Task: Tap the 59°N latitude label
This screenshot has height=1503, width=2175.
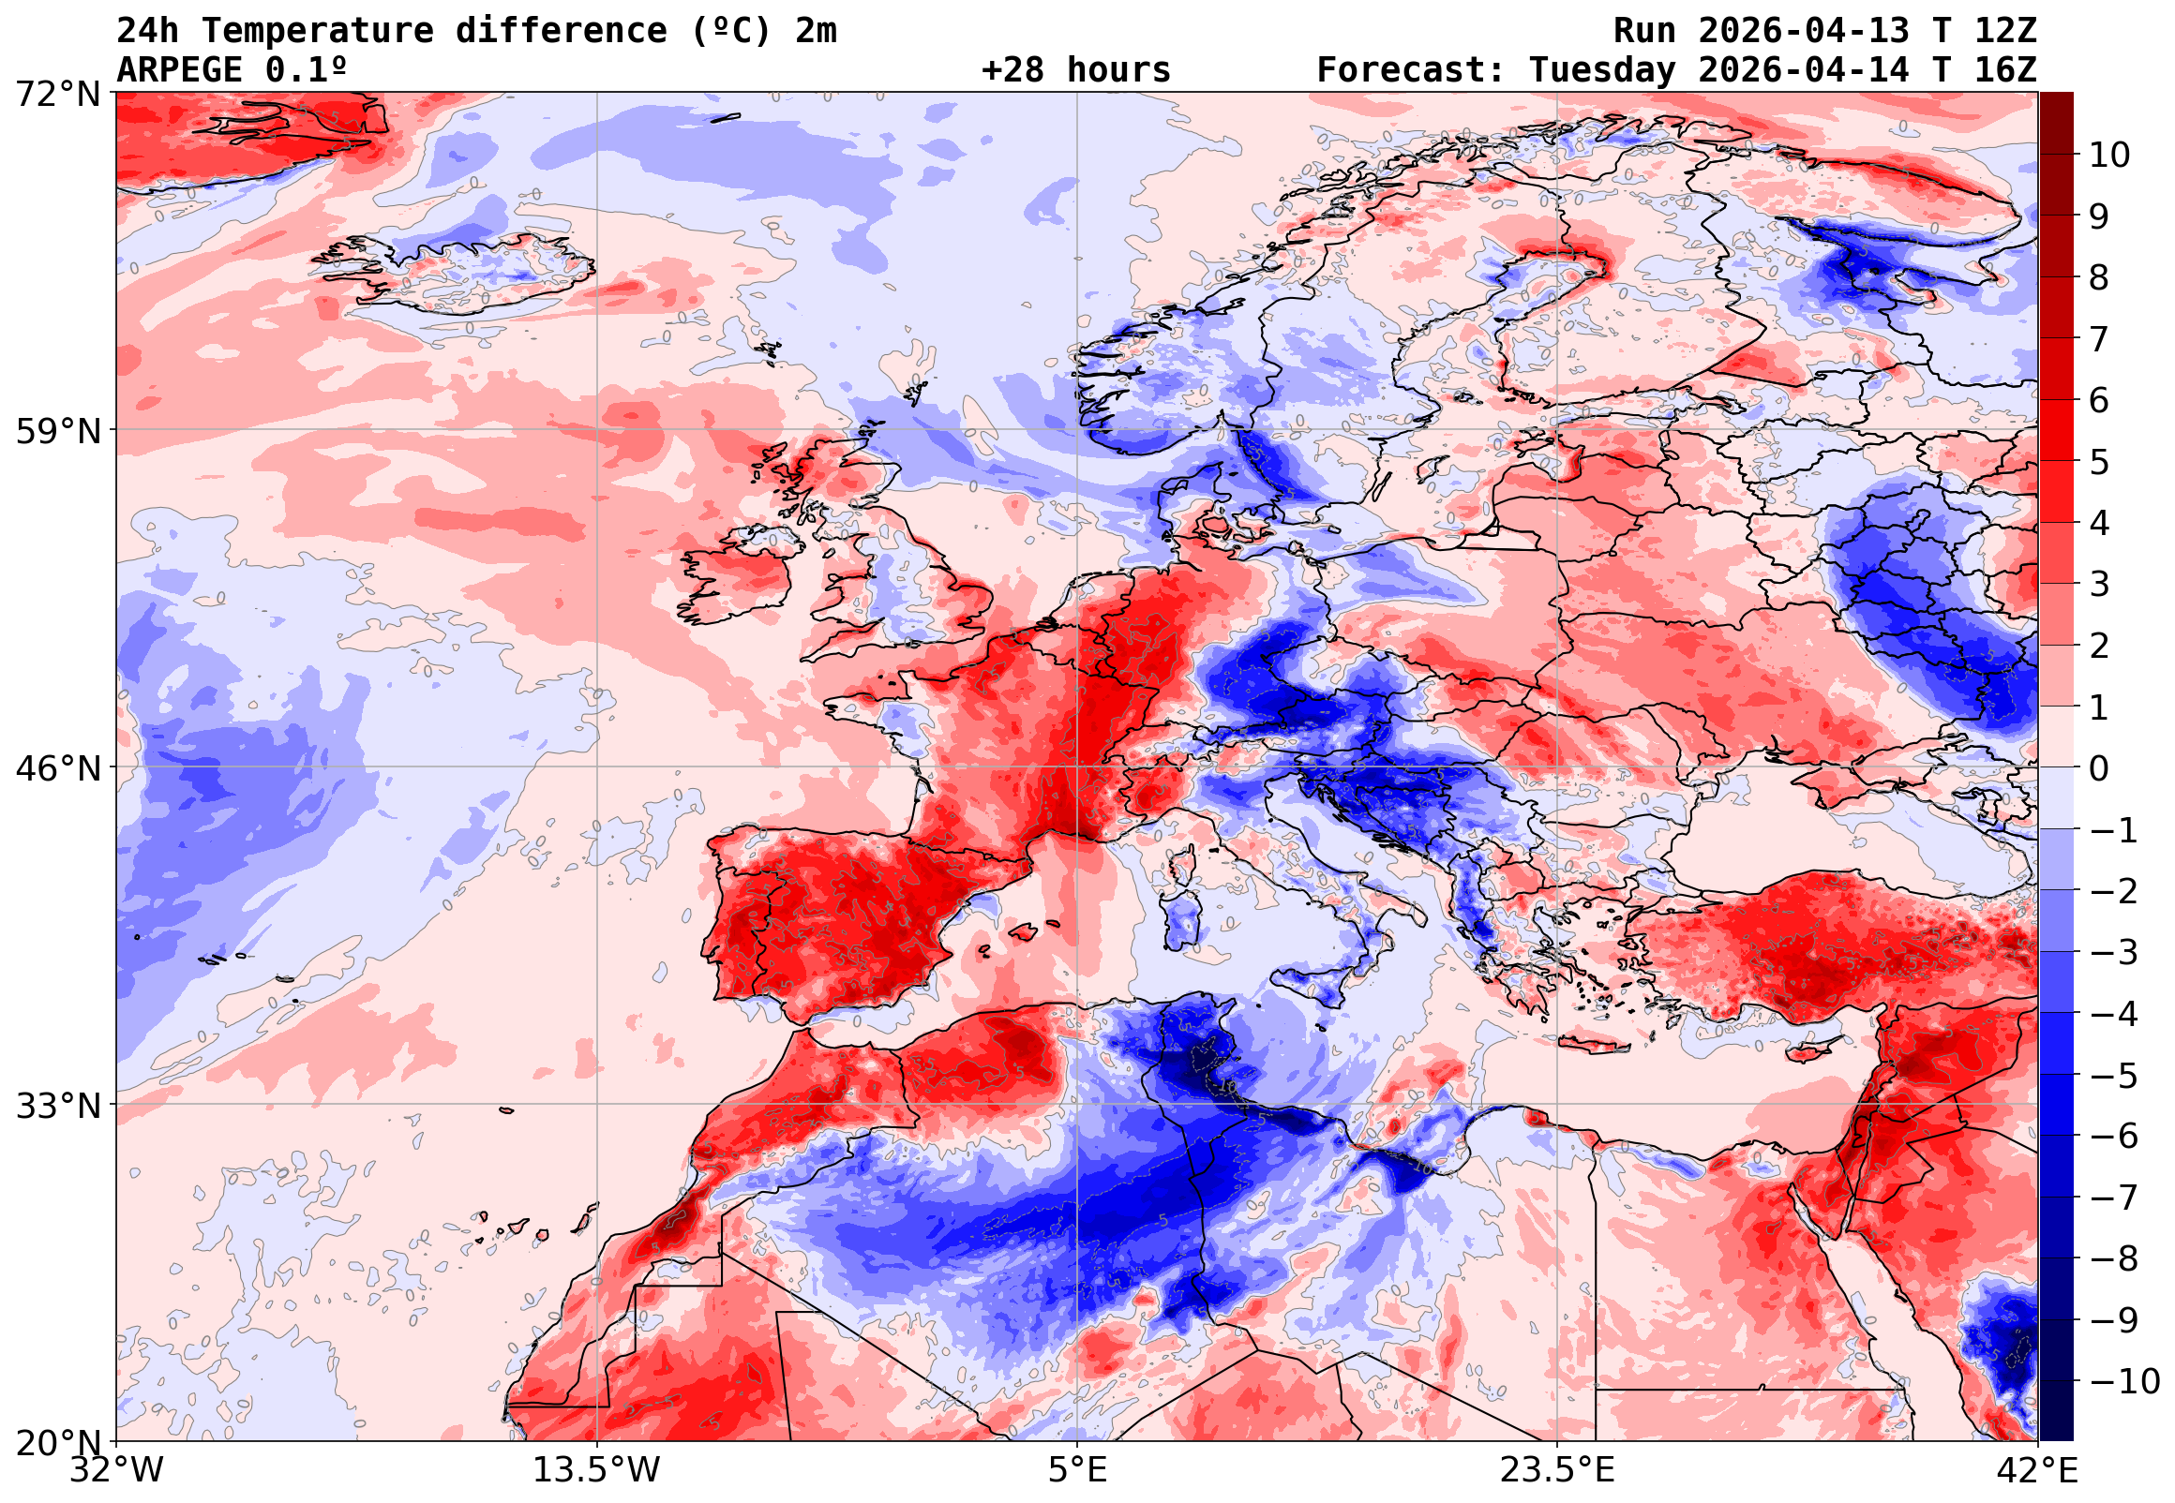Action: point(57,431)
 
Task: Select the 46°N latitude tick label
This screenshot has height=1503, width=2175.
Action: point(57,768)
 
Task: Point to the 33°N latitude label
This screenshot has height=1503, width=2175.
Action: point(57,1106)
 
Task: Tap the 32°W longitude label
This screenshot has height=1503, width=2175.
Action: point(116,1470)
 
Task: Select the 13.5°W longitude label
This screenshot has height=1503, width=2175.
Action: point(597,1470)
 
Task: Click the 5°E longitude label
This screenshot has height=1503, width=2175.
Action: point(1077,1470)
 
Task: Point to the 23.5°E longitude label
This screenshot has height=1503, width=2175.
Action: point(1557,1470)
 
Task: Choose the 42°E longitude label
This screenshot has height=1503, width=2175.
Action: point(2037,1470)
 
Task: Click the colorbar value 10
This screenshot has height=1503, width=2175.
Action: point(2109,156)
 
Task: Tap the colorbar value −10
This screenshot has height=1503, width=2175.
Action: point(2124,1381)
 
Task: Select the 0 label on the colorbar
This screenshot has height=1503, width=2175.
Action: point(2099,768)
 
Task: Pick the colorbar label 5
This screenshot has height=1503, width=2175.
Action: point(2099,462)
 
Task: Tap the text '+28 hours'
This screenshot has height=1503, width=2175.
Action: point(1075,70)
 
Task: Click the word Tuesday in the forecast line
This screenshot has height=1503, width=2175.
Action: point(1602,70)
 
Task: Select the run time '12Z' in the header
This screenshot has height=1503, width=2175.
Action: point(2005,31)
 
